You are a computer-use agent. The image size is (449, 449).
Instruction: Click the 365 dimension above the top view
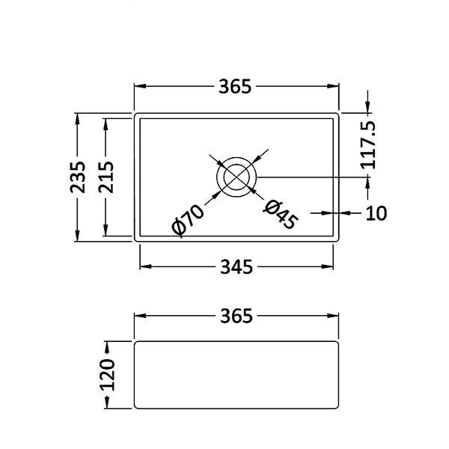click(235, 87)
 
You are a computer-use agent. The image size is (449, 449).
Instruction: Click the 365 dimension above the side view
click(236, 316)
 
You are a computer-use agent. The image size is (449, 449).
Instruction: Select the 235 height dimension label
click(78, 177)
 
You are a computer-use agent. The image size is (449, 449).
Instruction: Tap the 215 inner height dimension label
click(106, 177)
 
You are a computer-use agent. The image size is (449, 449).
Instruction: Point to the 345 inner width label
click(236, 267)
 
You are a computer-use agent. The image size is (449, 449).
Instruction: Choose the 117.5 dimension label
click(368, 145)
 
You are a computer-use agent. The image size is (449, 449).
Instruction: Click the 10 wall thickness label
click(376, 213)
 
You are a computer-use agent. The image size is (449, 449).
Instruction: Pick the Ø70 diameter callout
click(188, 221)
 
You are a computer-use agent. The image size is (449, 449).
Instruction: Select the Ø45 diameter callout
click(281, 215)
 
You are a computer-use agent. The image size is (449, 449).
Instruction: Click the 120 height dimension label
click(107, 375)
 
